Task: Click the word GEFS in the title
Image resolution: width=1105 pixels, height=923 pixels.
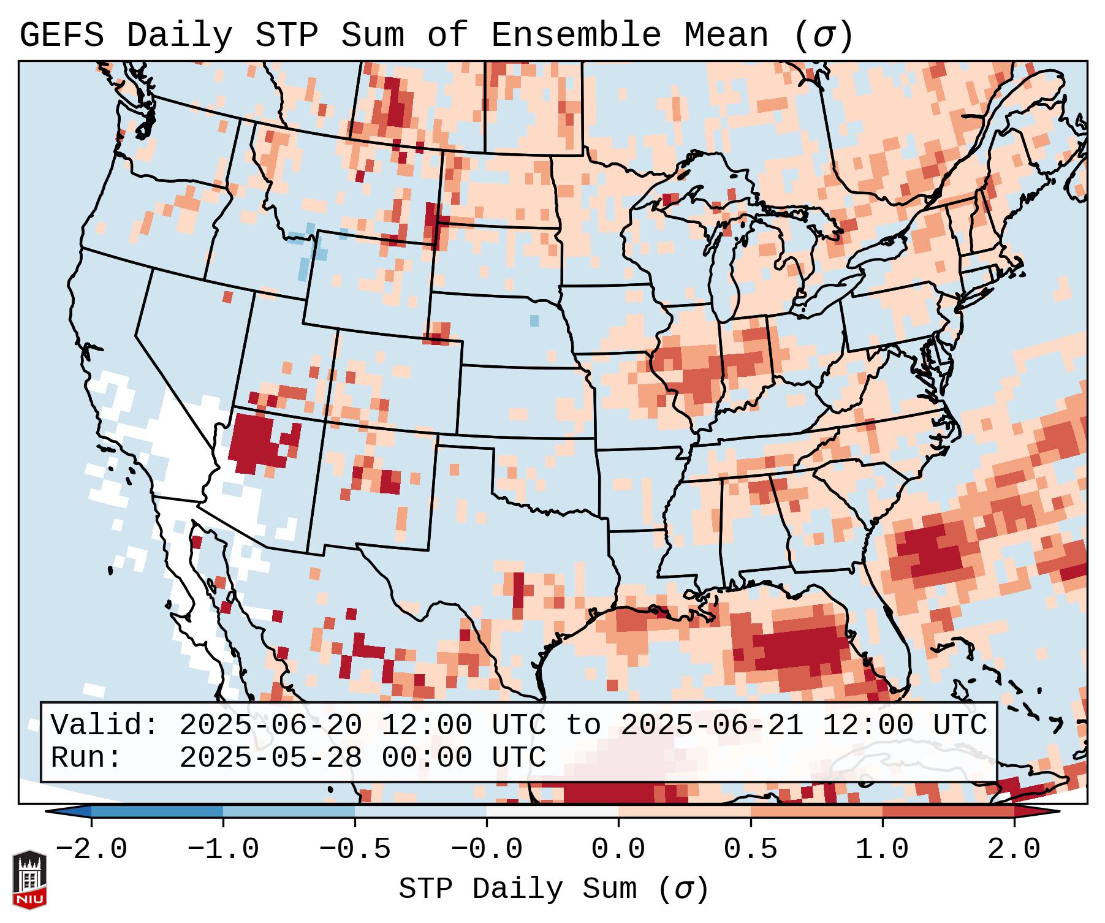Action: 61,36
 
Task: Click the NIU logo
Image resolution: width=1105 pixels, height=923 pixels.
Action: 29,880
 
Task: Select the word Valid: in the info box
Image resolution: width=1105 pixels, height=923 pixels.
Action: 105,726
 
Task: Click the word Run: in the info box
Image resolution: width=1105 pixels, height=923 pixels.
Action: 86,758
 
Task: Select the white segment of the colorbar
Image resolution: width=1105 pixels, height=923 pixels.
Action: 552,811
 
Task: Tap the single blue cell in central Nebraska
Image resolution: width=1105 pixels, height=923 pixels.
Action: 534,320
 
